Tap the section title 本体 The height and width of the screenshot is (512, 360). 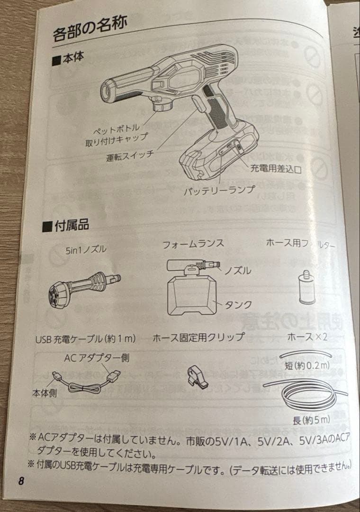[68, 58]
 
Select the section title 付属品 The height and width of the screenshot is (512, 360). [65, 225]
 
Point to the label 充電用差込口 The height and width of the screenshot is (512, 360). [276, 168]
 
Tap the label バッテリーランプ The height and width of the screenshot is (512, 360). [219, 190]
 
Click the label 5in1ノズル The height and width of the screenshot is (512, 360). [86, 249]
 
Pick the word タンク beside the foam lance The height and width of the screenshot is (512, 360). [239, 304]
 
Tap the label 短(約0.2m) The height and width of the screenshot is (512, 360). [307, 365]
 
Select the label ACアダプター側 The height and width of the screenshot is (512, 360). [97, 358]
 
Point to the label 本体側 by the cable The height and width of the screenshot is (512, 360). [45, 393]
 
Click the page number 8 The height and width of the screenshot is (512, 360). [21, 481]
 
